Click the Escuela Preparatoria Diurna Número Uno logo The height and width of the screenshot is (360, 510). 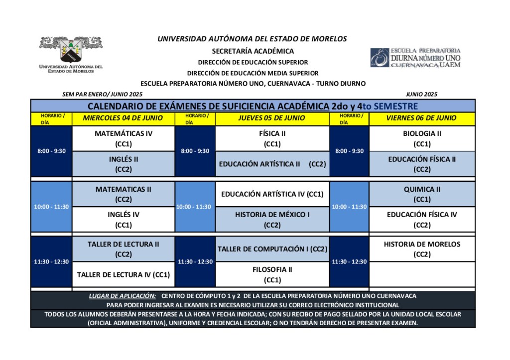coord(415,58)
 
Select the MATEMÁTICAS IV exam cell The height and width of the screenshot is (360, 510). coord(123,138)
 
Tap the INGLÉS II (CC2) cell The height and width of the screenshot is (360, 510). coord(123,164)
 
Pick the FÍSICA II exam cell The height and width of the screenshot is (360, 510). coord(272,138)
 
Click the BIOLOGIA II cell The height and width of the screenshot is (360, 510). coord(422,138)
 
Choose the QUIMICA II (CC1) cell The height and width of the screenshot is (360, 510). coord(422,194)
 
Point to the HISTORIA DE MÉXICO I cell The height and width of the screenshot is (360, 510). coord(272,220)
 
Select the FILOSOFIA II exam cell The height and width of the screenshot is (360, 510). coord(272,274)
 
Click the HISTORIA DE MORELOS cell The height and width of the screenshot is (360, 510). coord(422,249)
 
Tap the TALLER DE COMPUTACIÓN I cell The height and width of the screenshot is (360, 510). coord(272,249)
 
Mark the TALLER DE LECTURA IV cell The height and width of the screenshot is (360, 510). coord(123,274)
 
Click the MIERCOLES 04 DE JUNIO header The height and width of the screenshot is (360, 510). coord(123,118)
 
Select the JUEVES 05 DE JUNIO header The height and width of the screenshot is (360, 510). coord(272,118)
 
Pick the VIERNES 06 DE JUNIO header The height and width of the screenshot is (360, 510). coord(422,118)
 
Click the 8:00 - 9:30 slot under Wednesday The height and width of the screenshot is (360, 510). coord(51,151)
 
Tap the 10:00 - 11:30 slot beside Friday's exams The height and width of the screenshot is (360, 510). coord(349,207)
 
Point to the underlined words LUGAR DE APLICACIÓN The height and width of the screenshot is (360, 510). coord(122,296)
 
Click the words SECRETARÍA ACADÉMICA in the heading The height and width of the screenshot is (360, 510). coord(253,51)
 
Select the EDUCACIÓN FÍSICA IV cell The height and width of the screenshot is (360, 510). coord(422,220)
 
